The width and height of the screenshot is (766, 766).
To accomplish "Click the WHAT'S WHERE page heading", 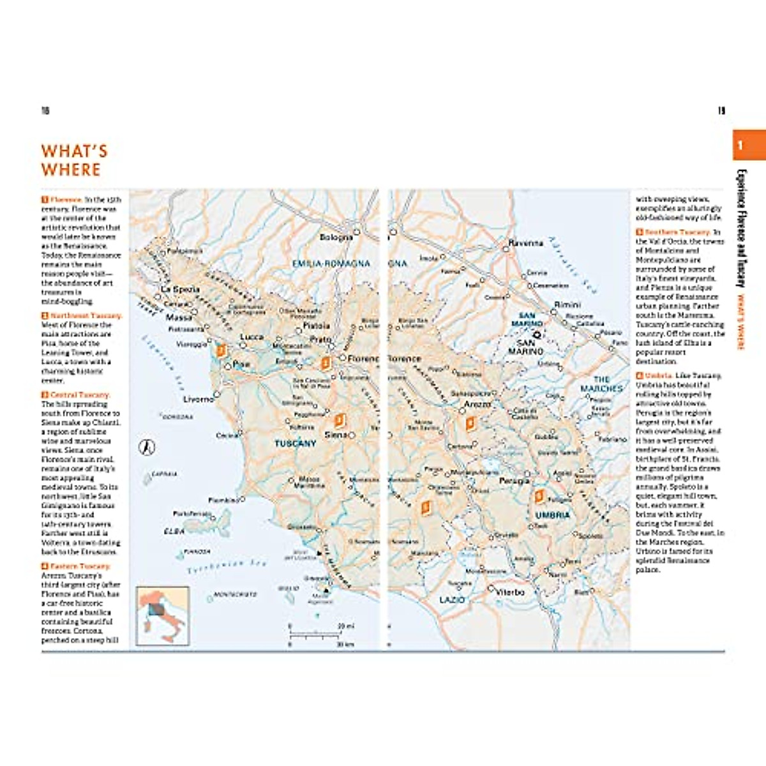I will point(74,160).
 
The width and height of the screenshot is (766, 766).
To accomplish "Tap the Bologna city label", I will point(336,237).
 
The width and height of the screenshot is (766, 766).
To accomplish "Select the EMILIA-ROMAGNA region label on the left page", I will point(331,263).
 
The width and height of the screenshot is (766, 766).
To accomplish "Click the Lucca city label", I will point(252,336).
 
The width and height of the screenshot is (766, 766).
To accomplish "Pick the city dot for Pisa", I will point(228,367).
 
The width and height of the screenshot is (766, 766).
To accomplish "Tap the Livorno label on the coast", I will point(199,399).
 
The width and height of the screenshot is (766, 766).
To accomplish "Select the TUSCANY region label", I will point(295,443).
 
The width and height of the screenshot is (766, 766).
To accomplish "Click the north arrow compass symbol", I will point(147,447).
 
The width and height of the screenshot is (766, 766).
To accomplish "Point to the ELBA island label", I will point(174,531).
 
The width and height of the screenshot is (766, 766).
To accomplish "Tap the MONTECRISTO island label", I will point(235,594).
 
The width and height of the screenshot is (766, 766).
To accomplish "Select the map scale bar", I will point(315,635).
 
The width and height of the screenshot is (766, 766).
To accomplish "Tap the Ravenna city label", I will point(526,243).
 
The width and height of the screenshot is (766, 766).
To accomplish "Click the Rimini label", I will point(567,304).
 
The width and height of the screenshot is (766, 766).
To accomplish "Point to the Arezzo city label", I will point(477,404).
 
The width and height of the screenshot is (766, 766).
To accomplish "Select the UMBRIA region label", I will point(552,514).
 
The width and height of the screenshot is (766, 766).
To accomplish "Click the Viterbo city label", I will point(510,592).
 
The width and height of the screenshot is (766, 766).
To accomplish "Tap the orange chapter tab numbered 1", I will point(748,145).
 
